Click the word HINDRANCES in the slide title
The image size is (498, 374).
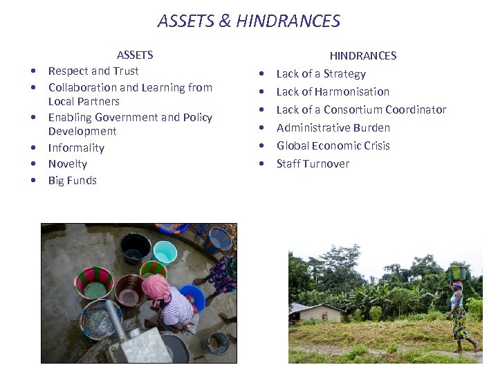(x=288, y=21)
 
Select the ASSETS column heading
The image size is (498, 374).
(x=135, y=55)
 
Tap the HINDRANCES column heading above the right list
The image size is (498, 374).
(x=362, y=55)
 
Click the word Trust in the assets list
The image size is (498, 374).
(x=126, y=71)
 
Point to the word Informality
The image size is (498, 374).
(x=76, y=148)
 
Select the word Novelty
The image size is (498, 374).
(x=68, y=164)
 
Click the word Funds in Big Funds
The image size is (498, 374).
(x=82, y=181)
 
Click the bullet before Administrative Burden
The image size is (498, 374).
(x=261, y=128)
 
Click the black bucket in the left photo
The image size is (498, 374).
(x=135, y=247)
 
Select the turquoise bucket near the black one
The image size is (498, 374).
(x=165, y=252)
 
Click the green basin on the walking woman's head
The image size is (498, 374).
(x=458, y=273)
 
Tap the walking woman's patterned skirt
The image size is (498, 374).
(x=460, y=324)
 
